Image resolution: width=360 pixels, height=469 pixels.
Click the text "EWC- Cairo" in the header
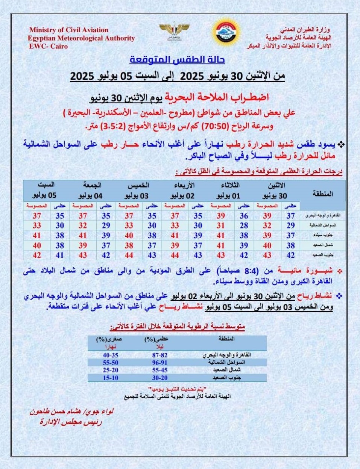pos(48,46)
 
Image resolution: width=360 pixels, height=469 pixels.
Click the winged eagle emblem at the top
pos(174,32)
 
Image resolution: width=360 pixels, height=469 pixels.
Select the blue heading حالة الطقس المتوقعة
pos(177,60)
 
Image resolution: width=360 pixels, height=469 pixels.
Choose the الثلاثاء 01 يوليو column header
pos(228,191)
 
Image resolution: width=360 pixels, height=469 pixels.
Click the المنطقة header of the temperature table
pos(323,194)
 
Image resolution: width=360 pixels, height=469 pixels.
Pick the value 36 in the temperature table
pos(244,216)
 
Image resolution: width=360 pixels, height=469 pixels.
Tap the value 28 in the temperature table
pos(244,226)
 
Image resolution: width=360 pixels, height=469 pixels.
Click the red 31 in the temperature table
pos(220,226)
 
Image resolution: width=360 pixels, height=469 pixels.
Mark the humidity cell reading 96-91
pos(159,363)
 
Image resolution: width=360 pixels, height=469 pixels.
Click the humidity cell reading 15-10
pos(110,378)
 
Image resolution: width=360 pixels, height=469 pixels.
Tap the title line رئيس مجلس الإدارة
pos(71,422)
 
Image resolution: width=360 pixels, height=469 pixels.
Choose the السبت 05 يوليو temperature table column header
pos(46,191)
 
